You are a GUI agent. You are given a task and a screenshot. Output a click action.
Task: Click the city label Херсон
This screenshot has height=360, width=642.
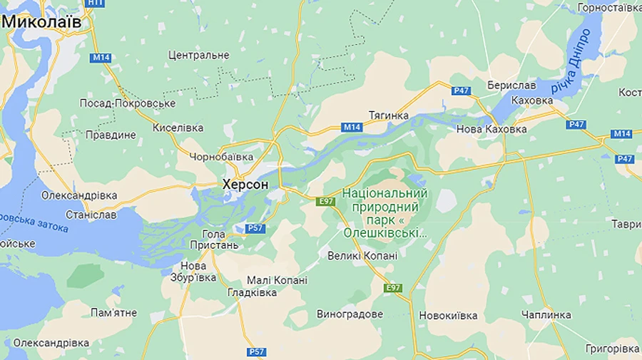coord(245,185)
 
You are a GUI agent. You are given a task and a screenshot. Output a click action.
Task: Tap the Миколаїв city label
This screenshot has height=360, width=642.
coord(41,22)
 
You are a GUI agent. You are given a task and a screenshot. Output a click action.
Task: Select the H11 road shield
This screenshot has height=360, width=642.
coord(94,3)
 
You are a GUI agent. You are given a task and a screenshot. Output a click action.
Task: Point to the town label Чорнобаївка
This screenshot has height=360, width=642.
coord(221,156)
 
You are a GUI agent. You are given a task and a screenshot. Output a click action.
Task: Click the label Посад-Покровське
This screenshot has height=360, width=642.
coord(127,103)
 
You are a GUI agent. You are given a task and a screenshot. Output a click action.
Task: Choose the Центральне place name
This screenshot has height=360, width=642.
coord(198,55)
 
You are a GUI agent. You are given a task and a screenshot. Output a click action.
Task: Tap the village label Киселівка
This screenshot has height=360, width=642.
coord(178,128)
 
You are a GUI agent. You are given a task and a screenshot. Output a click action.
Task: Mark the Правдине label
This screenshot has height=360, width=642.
coord(110,135)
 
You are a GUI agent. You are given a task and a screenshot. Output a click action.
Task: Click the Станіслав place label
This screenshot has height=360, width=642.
coord(91,214)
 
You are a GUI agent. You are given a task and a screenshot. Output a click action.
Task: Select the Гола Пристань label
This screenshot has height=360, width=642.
coord(214,240)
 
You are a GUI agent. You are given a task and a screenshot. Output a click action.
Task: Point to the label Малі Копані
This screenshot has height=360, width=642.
coord(277,280)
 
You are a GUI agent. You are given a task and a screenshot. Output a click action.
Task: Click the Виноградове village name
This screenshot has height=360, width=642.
coord(350,314)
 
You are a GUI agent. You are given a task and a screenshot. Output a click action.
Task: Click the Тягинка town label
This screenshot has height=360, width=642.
coord(389,115)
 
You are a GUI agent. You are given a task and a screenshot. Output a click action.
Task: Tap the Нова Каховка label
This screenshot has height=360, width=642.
coord(491,129)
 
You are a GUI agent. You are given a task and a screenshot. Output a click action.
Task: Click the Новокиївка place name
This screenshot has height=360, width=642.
coord(448,314)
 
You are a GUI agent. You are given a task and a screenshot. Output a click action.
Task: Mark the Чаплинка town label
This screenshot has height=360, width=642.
coord(546,314)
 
